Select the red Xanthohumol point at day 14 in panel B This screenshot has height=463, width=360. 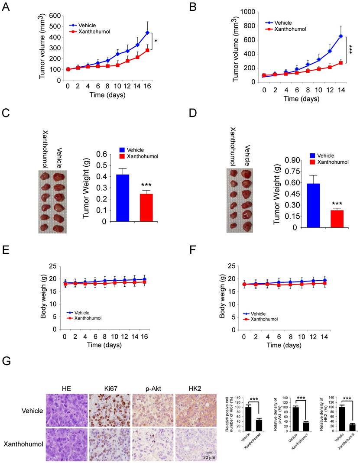[x=328, y=63]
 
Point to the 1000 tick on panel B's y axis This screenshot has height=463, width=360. [x=245, y=12]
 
